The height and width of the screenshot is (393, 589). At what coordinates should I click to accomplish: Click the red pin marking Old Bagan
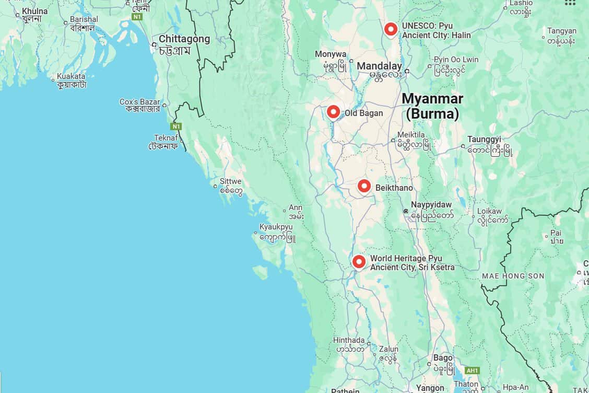click(x=333, y=111)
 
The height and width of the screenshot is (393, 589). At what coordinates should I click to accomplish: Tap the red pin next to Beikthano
click(x=364, y=186)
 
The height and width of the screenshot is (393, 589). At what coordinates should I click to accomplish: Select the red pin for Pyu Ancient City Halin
click(x=391, y=29)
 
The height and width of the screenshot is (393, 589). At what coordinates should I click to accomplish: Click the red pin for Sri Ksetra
click(x=359, y=262)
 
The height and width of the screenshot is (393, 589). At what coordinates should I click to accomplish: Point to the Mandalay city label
click(x=379, y=66)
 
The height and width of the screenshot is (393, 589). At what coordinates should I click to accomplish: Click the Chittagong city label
click(x=184, y=39)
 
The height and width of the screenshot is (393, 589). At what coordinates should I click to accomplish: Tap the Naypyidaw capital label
click(x=431, y=205)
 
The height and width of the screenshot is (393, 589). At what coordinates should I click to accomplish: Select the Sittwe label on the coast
click(x=230, y=181)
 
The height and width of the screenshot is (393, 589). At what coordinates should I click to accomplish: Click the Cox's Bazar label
click(x=140, y=102)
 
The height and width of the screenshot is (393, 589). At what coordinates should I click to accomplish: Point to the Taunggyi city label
click(x=484, y=139)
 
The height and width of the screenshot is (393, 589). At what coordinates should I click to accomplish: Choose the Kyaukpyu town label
click(x=276, y=227)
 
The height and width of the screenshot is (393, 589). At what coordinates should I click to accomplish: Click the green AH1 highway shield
click(x=472, y=370)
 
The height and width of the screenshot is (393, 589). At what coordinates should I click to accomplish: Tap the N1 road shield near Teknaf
click(x=176, y=126)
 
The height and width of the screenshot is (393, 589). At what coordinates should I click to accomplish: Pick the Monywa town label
click(x=330, y=54)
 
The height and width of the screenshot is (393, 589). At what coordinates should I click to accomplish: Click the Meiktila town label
click(x=411, y=135)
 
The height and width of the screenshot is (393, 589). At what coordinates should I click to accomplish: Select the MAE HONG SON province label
click(x=513, y=276)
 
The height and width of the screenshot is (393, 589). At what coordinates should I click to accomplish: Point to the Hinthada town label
click(x=349, y=340)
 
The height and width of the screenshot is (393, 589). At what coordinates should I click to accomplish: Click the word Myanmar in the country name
click(x=432, y=99)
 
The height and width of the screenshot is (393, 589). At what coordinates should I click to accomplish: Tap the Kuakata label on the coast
click(x=71, y=76)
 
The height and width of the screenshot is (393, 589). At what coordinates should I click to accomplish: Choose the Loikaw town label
click(x=489, y=211)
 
